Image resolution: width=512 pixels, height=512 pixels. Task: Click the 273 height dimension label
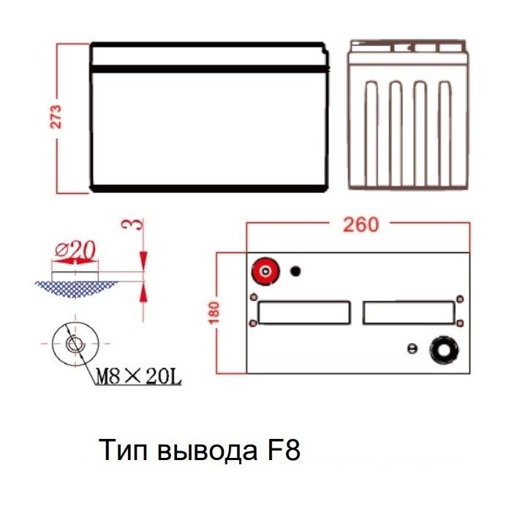click(x=56, y=116)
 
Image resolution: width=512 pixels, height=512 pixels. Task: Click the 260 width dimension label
click(x=361, y=225)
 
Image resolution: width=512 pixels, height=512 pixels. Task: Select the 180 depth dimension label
click(x=214, y=312)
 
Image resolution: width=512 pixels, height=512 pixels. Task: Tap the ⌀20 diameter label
click(x=76, y=250)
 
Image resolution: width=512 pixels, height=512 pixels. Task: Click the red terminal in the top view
click(x=266, y=271)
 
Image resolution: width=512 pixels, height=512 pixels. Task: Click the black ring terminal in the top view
click(x=444, y=350)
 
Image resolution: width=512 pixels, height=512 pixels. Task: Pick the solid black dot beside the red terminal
click(x=295, y=271)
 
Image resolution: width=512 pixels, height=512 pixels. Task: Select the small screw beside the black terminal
click(x=413, y=348)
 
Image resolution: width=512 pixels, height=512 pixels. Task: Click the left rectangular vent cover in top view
click(x=304, y=312)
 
